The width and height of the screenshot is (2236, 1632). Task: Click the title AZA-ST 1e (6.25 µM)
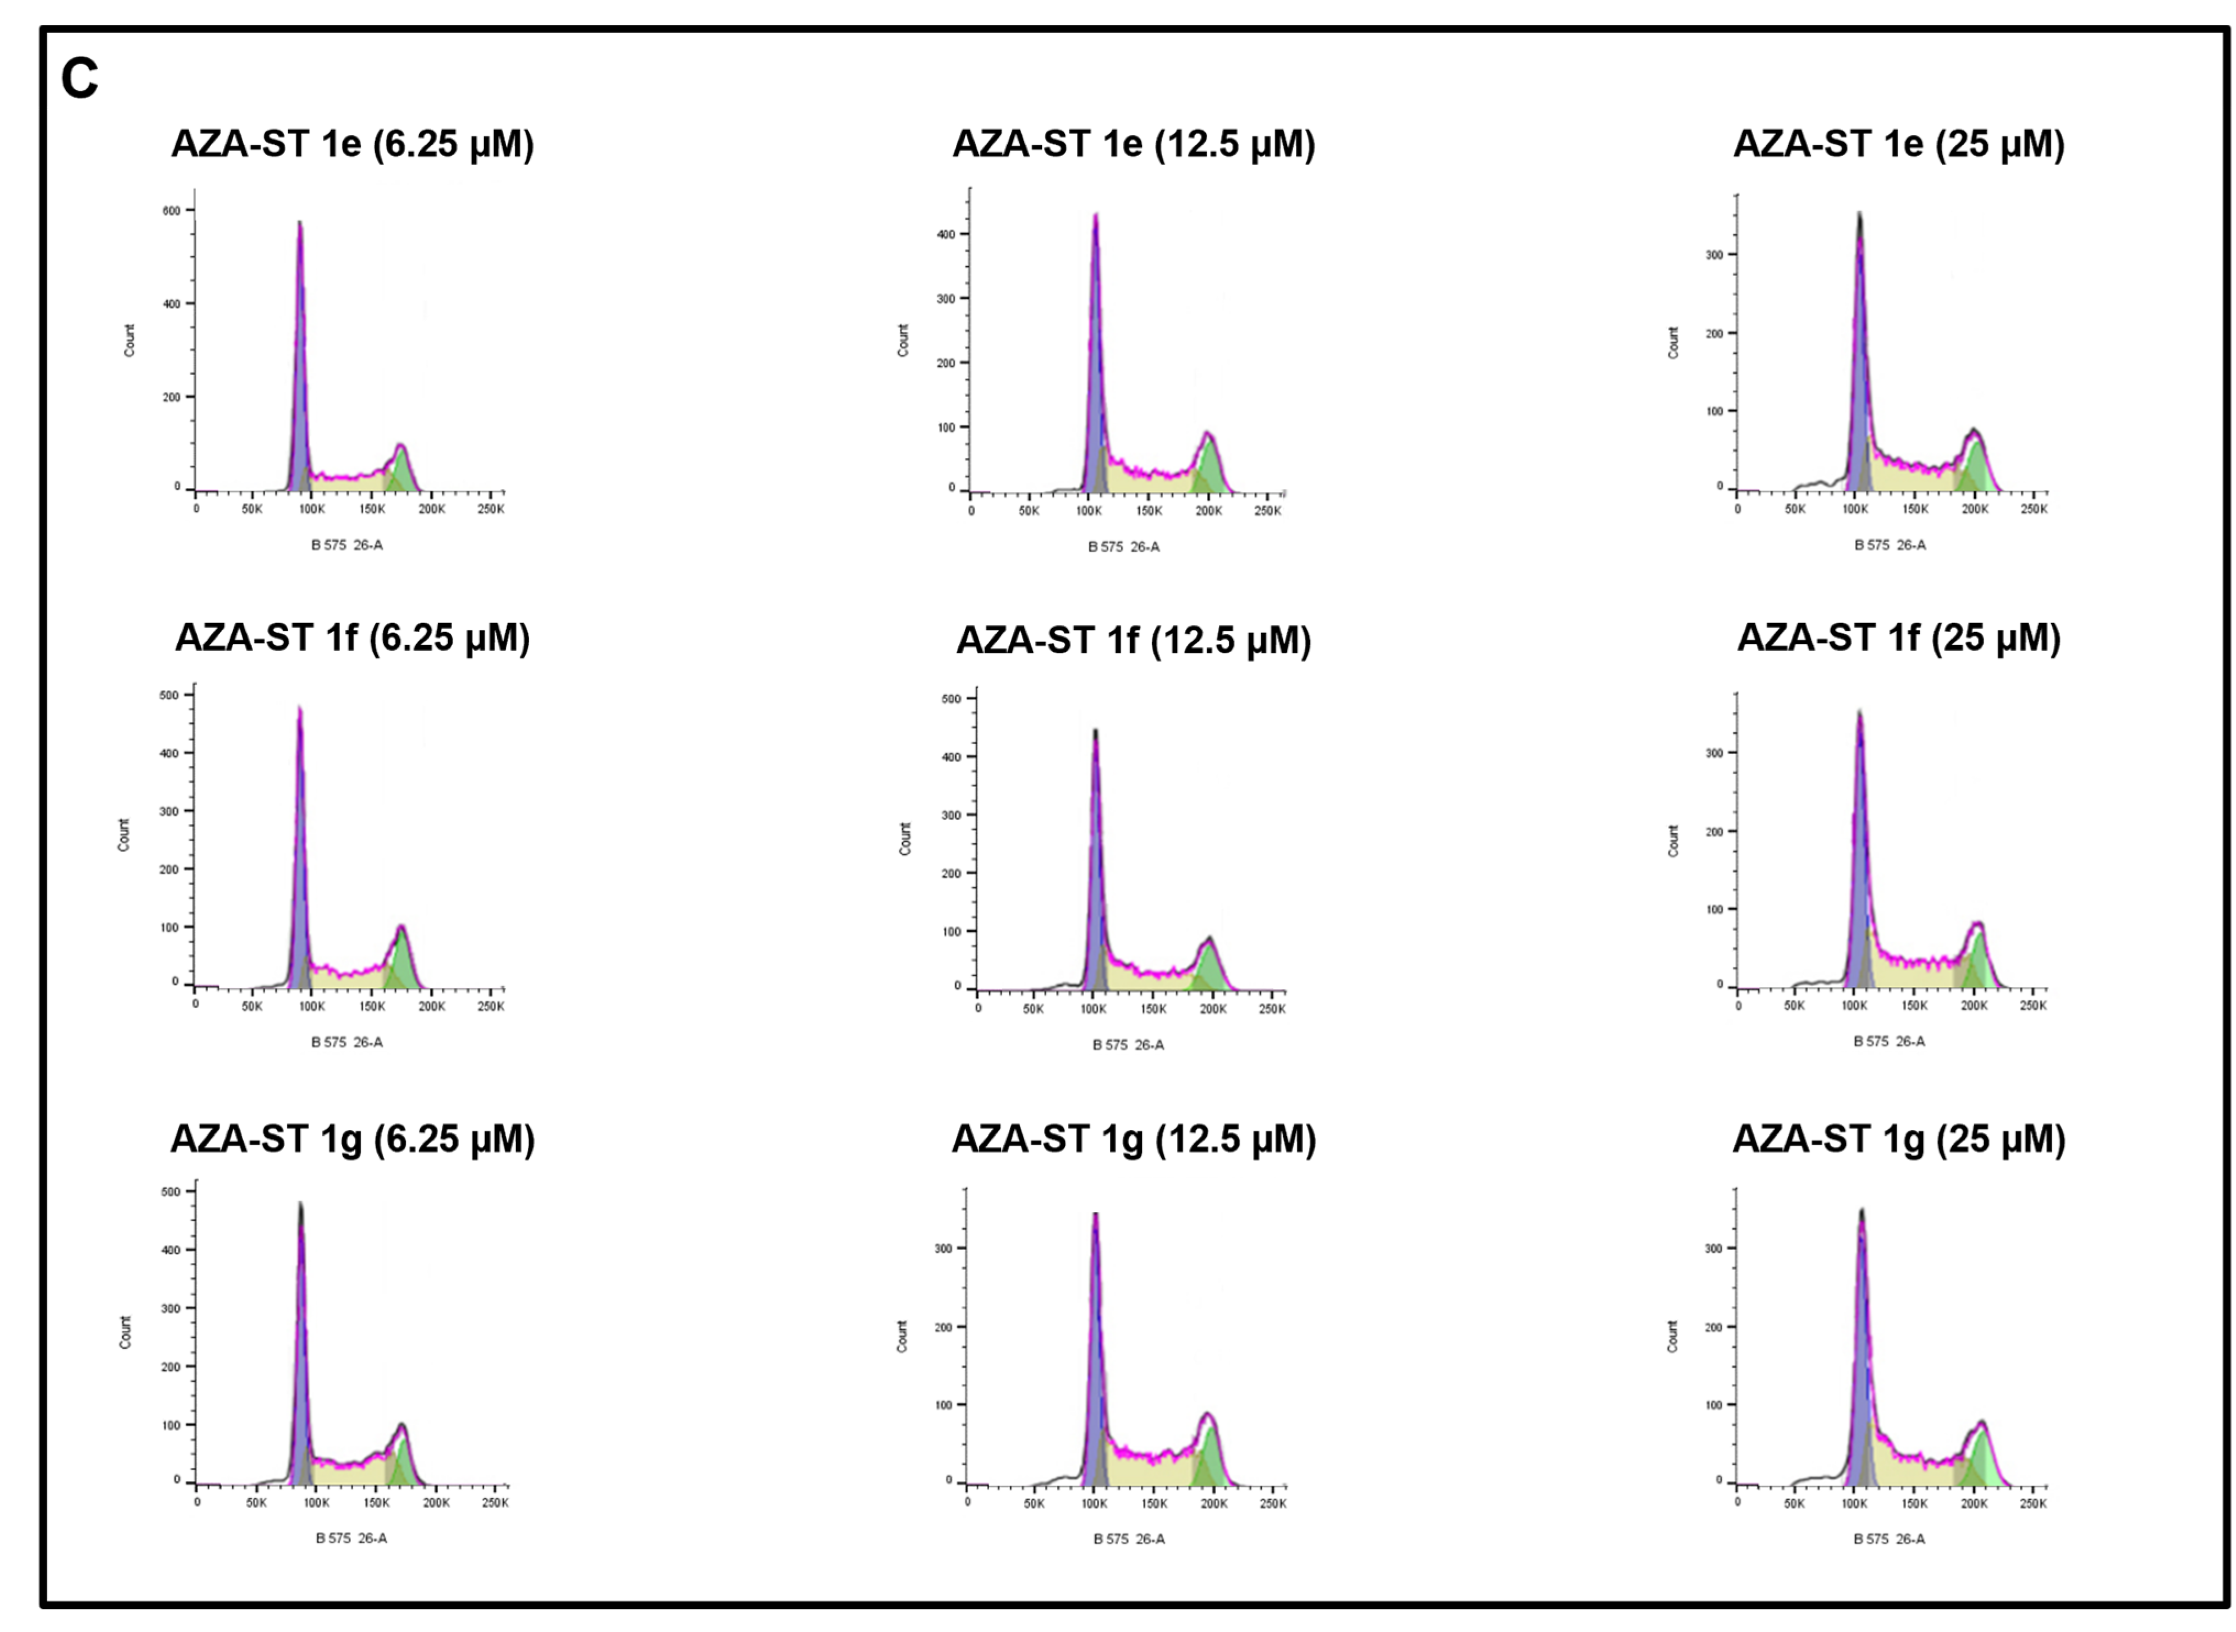tap(353, 144)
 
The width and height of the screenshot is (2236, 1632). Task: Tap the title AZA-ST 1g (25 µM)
tap(1898, 1139)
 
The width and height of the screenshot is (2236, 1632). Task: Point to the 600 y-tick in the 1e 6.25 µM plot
tap(172, 211)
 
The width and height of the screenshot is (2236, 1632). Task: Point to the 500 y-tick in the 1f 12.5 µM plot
tap(951, 699)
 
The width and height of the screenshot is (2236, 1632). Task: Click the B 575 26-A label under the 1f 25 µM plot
tap(1888, 1041)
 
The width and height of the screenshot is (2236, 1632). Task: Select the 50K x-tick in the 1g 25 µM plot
tap(1794, 1503)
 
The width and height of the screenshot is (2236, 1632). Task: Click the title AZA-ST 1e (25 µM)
tap(1898, 144)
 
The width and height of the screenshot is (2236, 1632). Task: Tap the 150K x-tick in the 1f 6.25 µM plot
tap(372, 1005)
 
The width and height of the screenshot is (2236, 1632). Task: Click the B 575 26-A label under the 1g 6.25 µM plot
tap(351, 1538)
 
